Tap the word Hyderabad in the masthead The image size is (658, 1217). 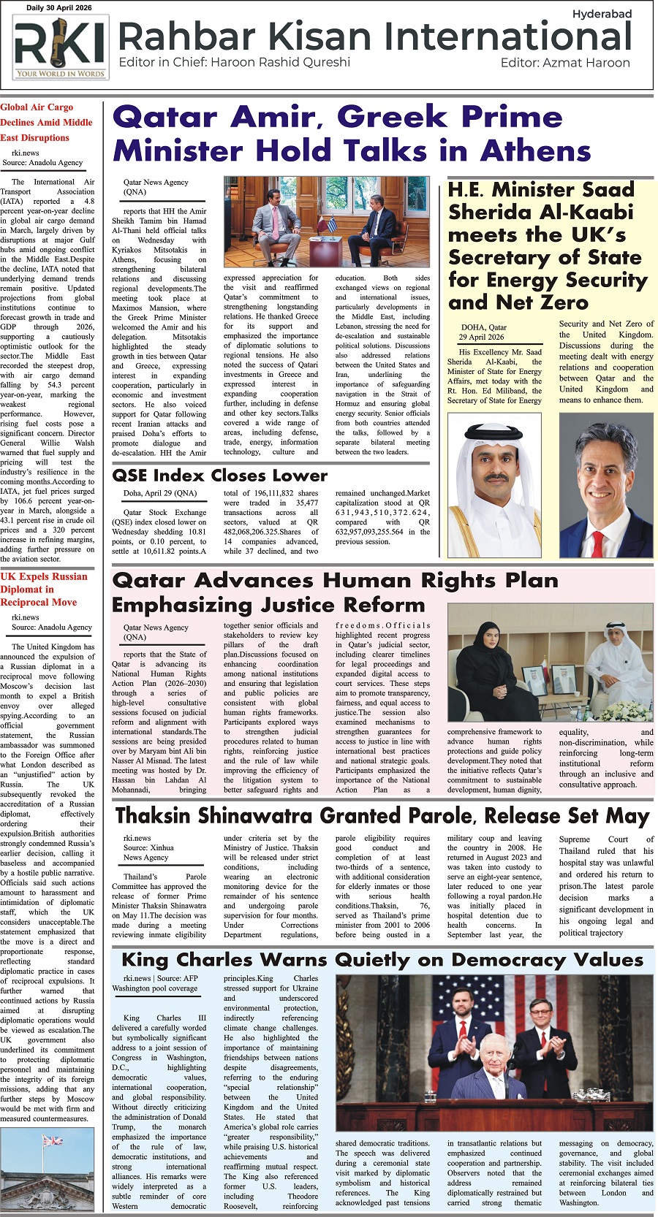[x=602, y=14]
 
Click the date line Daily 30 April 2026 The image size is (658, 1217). [x=60, y=7]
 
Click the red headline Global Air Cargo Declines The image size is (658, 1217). [x=45, y=122]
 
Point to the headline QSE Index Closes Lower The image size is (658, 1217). [x=219, y=476]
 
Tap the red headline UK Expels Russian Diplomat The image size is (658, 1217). [x=43, y=589]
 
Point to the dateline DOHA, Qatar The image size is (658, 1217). [x=483, y=327]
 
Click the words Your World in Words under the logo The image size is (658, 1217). [x=60, y=73]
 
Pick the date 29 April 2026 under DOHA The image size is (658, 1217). [x=481, y=337]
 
